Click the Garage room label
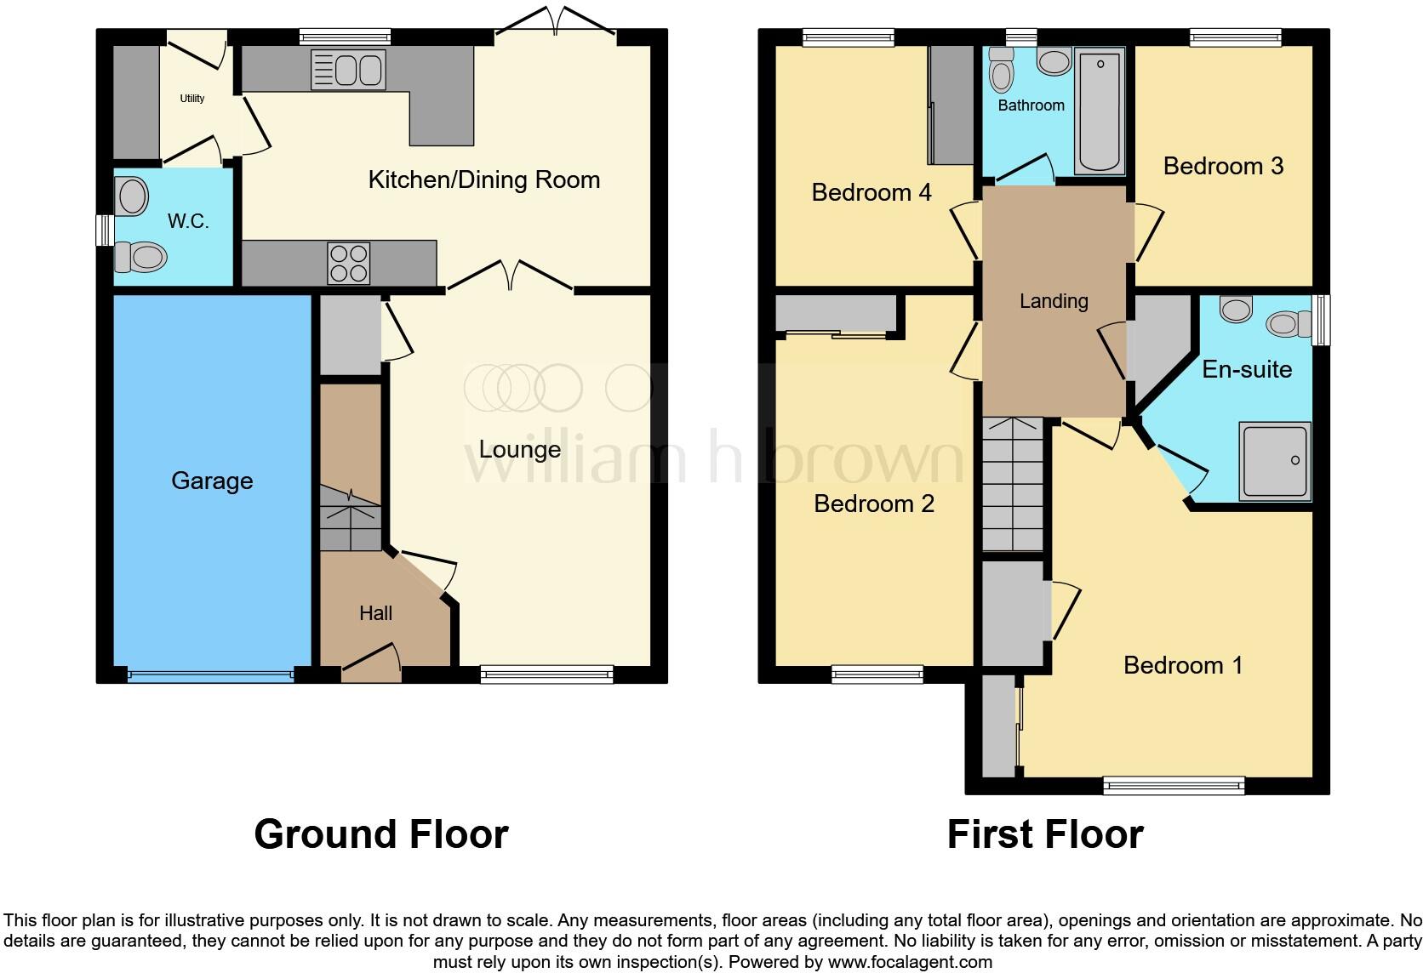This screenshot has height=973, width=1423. [x=212, y=481]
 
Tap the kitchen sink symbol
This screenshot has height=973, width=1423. [x=349, y=70]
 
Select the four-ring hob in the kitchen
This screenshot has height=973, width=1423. [x=349, y=263]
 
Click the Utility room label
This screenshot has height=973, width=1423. [x=192, y=99]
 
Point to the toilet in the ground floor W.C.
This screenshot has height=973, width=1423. [x=140, y=255]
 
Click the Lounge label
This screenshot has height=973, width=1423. [x=519, y=449]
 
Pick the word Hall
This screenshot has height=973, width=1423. [x=375, y=613]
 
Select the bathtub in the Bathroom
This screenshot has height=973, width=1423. [x=1100, y=111]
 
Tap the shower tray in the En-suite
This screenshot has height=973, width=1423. [x=1275, y=460]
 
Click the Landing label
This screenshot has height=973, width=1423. [x=1054, y=301]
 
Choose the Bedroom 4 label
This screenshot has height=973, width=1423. [x=871, y=192]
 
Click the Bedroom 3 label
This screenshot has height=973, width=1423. [x=1223, y=166]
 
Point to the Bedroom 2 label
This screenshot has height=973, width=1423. [x=873, y=504]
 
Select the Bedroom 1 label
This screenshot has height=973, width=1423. [x=1183, y=665]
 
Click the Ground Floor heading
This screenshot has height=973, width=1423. [x=381, y=834]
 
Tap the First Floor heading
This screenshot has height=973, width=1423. [x=1045, y=834]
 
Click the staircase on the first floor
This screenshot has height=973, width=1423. [x=1013, y=485]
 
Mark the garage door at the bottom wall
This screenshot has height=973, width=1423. [x=210, y=676]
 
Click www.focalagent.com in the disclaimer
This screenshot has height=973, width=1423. [x=910, y=962]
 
